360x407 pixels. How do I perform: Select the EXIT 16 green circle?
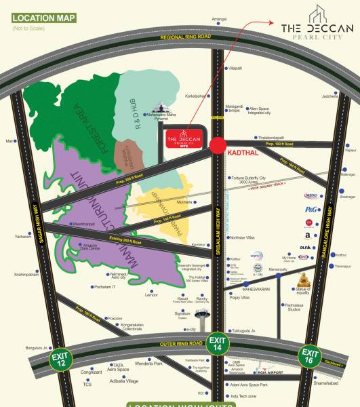[x=310, y=356]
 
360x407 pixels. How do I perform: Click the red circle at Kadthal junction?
[x=218, y=145]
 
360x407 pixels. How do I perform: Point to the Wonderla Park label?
[x=148, y=364]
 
